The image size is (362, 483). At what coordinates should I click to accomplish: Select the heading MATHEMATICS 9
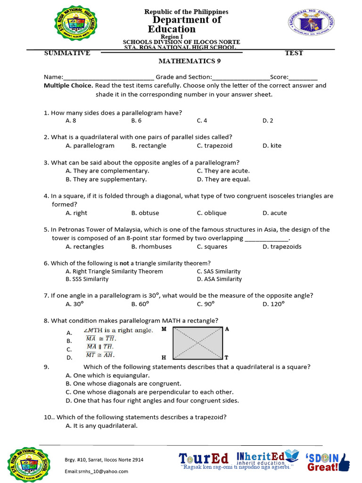pyautogui.click(x=189, y=61)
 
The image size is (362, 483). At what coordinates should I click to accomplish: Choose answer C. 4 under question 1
pyautogui.click(x=202, y=121)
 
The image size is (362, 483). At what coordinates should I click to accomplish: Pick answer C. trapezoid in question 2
pyautogui.click(x=214, y=146)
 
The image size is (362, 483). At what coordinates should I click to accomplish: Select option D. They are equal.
pyautogui.click(x=223, y=179)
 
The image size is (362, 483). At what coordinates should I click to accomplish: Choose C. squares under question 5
pyautogui.click(x=212, y=247)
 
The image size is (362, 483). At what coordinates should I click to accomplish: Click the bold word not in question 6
pyautogui.click(x=124, y=263)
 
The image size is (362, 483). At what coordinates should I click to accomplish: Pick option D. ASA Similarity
pyautogui.click(x=219, y=279)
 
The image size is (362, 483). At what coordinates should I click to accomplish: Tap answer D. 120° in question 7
pyautogui.click(x=273, y=304)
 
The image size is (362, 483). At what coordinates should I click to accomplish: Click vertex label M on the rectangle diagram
pyautogui.click(x=164, y=329)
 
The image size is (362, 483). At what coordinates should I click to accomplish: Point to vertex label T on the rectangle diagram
pyautogui.click(x=227, y=358)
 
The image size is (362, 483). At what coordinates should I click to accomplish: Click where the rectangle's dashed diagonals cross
pyautogui.click(x=197, y=343)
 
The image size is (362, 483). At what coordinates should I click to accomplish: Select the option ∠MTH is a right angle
pyautogui.click(x=118, y=330)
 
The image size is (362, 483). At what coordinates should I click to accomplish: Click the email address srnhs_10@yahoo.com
pyautogui.click(x=96, y=471)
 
